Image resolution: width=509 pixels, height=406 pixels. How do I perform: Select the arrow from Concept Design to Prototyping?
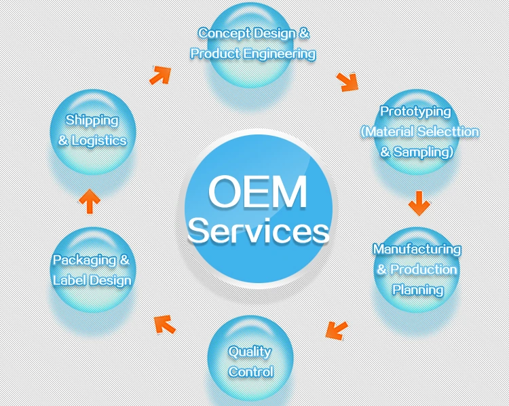tap(347, 81)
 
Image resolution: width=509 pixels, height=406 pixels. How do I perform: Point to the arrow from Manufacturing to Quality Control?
tap(336, 329)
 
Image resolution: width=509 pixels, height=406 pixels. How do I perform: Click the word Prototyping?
tap(415, 111)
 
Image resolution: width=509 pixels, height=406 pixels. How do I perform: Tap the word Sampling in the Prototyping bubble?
tap(422, 152)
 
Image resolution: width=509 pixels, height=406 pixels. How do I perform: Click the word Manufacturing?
tap(417, 249)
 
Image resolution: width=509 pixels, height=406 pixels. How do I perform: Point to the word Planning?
tap(418, 290)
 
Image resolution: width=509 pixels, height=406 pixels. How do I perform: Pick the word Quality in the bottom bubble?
tap(250, 352)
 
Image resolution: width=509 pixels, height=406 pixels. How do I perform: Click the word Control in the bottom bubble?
tap(251, 371)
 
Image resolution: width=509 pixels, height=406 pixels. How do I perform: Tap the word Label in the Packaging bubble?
tap(69, 280)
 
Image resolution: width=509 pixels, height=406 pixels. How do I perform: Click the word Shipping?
tap(92, 120)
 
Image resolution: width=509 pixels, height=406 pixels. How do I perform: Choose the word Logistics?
tap(100, 141)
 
